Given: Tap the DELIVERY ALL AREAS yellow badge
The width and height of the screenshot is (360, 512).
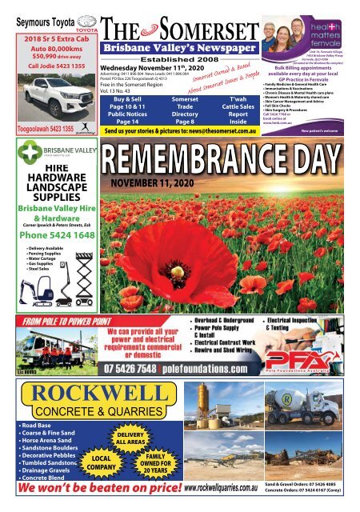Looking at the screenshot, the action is (x=130, y=437).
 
